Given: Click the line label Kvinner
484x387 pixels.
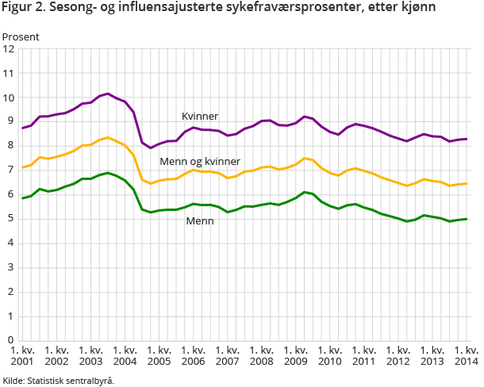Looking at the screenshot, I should click(199, 117).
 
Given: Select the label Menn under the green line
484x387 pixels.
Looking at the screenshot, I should click(200, 221).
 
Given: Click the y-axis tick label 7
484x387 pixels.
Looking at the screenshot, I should click(11, 171).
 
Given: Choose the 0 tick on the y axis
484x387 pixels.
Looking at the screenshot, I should click(11, 339).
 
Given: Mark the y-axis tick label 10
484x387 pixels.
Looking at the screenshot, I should click(9, 98).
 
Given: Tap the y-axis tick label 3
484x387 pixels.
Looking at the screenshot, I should click(11, 267).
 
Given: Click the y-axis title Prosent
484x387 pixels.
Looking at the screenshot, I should click(21, 36).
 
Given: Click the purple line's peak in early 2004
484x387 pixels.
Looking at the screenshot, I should click(108, 94).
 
